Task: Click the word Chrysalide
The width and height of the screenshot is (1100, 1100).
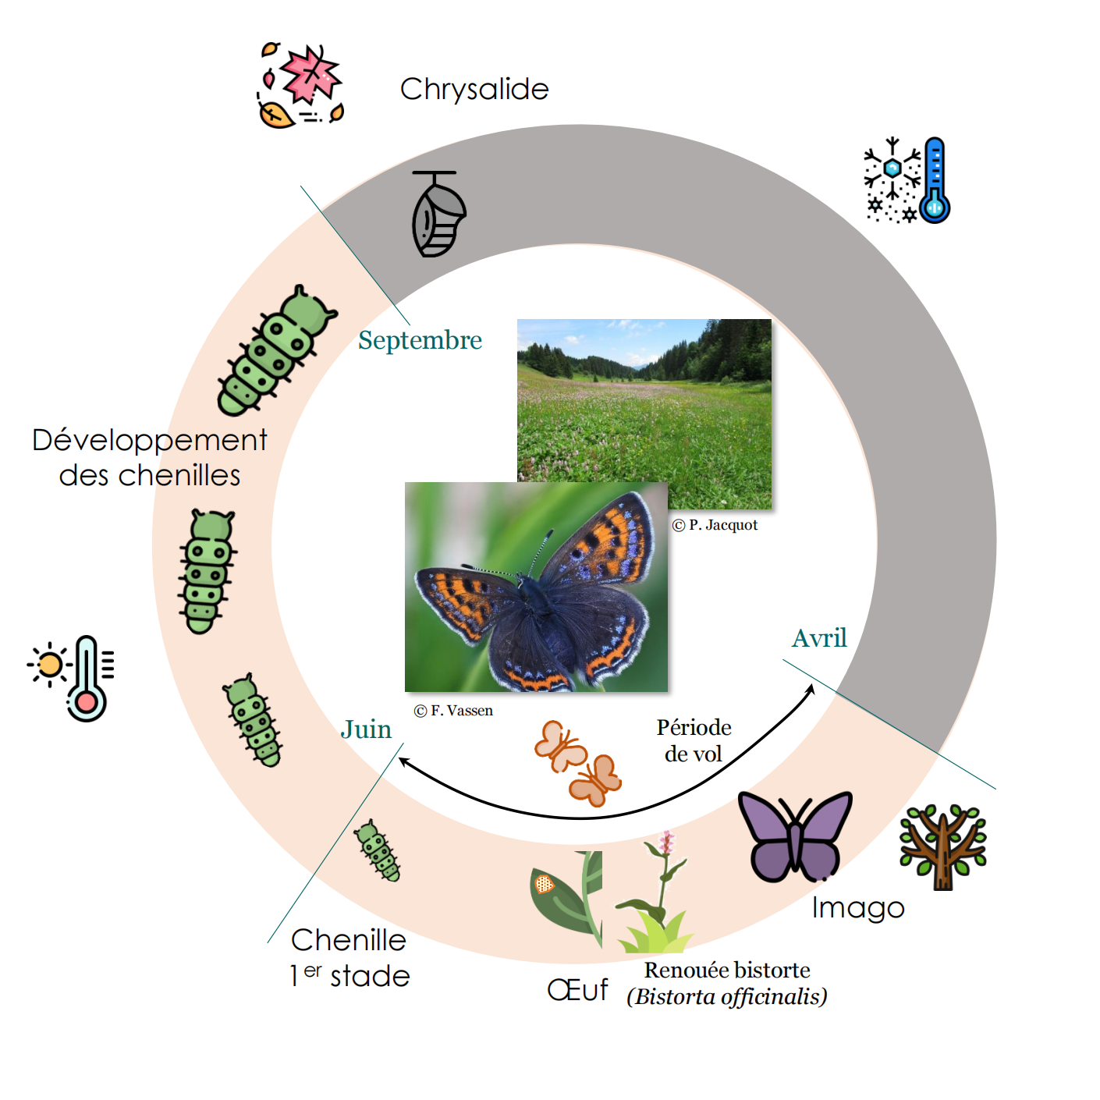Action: (x=474, y=90)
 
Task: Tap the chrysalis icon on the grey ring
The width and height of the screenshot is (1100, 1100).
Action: (x=438, y=214)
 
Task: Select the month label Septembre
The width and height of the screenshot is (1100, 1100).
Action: (x=420, y=340)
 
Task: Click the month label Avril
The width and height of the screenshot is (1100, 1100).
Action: (x=819, y=638)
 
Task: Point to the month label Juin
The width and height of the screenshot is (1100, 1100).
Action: (x=366, y=729)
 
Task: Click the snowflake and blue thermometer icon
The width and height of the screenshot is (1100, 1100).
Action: (x=907, y=180)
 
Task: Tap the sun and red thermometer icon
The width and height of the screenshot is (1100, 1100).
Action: (x=73, y=677)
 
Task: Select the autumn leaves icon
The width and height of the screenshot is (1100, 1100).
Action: (x=301, y=85)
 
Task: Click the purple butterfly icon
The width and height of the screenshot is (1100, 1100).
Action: (x=794, y=836)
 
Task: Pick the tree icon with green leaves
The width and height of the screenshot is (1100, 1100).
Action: (x=942, y=847)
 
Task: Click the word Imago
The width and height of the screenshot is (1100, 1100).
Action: (x=857, y=908)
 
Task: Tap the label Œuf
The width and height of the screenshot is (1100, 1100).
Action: (x=577, y=990)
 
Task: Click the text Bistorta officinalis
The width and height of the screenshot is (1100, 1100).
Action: (x=727, y=997)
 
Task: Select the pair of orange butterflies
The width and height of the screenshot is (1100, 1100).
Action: (x=577, y=762)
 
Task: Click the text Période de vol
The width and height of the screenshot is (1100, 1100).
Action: (x=694, y=740)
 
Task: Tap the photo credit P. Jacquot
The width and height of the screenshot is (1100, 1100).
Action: (x=715, y=525)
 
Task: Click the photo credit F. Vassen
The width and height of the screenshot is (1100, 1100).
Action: (x=453, y=711)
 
